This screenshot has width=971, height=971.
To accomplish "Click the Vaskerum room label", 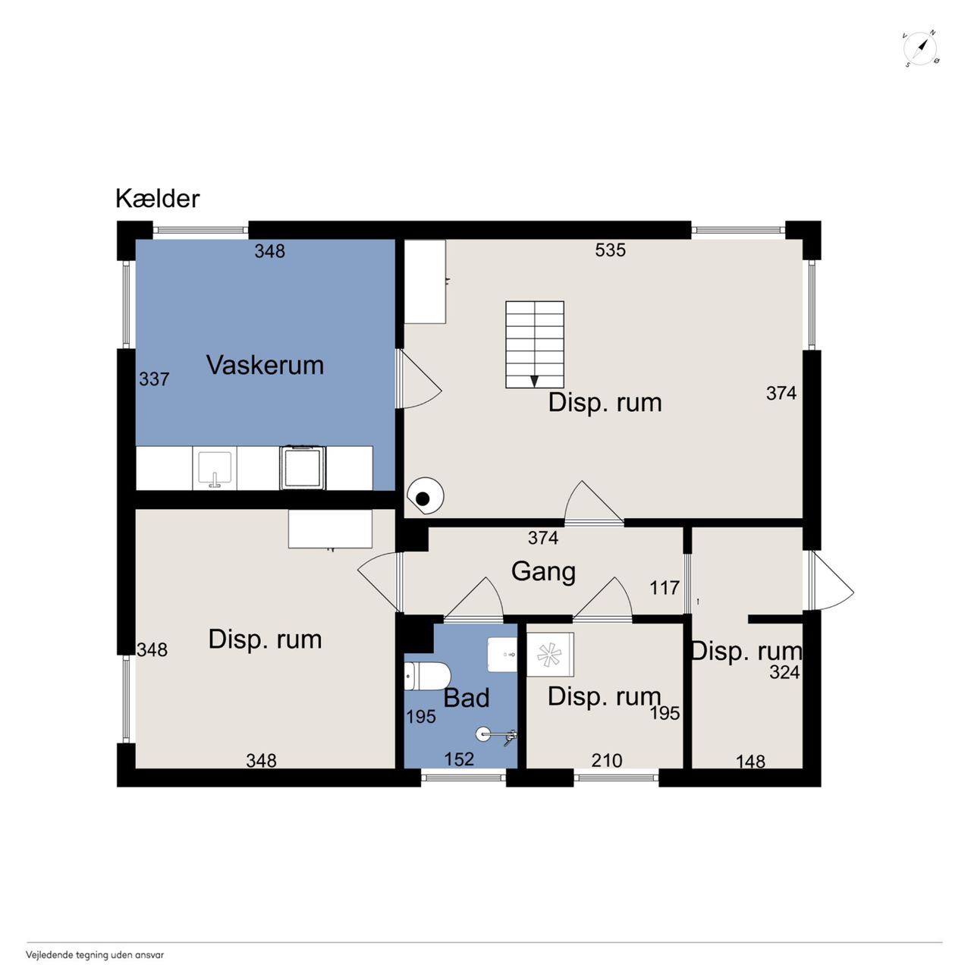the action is click(265, 365).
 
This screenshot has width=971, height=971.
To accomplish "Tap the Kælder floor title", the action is click(158, 199).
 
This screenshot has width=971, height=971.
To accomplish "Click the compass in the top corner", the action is click(922, 49).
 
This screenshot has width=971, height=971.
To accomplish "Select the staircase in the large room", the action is click(535, 344).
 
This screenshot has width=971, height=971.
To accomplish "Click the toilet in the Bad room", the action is click(426, 676).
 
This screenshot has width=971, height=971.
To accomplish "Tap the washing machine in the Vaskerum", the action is click(303, 467).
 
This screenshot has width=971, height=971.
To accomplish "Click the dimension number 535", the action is click(610, 250).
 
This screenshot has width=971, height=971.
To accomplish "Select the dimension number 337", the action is click(154, 379).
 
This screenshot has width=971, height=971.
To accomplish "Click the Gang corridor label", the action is click(543, 572).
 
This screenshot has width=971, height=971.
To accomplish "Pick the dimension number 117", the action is click(665, 588).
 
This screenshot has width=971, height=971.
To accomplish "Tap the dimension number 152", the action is click(459, 759).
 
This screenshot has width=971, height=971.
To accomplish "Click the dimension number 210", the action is click(607, 760).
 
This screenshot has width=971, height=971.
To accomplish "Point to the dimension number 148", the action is click(750, 762).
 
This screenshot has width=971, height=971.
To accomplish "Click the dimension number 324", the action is click(784, 672).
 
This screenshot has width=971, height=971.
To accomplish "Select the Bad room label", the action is click(467, 698).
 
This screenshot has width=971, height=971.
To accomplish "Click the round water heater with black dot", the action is click(426, 496).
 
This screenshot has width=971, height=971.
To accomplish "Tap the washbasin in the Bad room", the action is click(502, 654).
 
